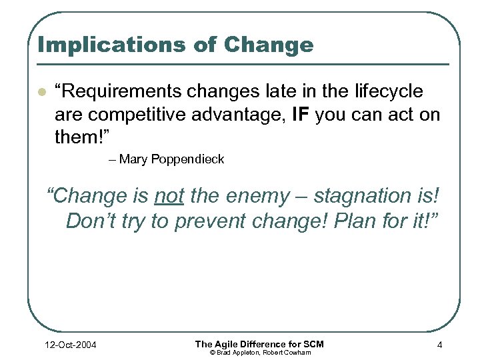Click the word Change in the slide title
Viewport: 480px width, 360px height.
pos(269,45)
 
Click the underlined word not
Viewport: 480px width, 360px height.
pos(170,196)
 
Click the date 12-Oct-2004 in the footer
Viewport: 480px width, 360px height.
pos(67,345)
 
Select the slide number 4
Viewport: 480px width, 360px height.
pos(439,345)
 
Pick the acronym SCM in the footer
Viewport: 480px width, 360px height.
pos(311,344)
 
